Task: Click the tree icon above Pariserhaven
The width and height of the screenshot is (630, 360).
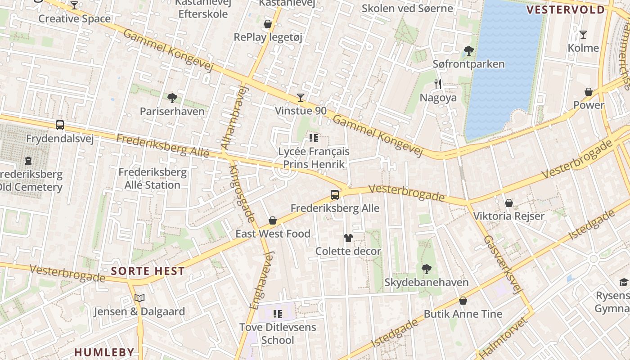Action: coord(171,98)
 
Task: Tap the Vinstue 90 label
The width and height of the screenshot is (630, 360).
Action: coord(301,111)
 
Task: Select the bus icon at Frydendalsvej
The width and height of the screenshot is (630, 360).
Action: coord(59,125)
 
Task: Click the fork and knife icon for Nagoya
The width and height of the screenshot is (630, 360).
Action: coord(438,84)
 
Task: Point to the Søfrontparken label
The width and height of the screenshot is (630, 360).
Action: coord(468,64)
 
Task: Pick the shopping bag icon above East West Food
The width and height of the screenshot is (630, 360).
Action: coord(272,220)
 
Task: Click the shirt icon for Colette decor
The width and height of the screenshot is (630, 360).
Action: coord(348,238)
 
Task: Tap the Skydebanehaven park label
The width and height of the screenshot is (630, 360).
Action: coord(426,282)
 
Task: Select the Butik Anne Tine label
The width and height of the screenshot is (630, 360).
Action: coord(463,314)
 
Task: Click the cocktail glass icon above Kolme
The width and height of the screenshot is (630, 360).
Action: coord(583,35)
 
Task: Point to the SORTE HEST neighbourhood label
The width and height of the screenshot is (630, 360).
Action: coord(148,271)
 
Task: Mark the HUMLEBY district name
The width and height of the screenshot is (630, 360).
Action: coord(104,352)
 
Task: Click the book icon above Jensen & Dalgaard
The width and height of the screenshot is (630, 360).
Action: coord(139,298)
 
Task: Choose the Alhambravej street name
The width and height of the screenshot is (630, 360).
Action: coord(235,117)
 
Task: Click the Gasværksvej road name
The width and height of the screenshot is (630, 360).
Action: coord(504,265)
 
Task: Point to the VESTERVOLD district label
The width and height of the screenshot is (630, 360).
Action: coord(565,10)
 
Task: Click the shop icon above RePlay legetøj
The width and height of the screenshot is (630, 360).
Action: coord(268,24)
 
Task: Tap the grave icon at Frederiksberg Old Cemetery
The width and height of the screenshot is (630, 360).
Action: coord(28,161)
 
